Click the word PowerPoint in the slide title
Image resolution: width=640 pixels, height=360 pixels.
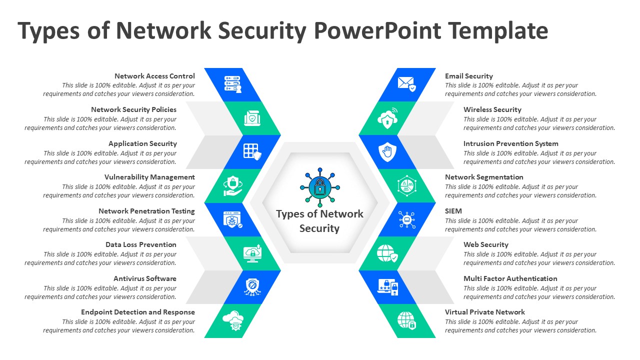[x=377, y=31]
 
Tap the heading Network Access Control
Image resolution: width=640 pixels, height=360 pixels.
[x=154, y=76]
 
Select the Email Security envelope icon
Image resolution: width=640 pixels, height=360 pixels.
[x=406, y=83]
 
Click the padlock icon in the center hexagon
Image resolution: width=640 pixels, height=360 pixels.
[x=320, y=187]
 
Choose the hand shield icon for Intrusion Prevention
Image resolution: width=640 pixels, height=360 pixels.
[x=387, y=151]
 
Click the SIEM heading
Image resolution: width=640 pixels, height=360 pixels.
[x=453, y=211]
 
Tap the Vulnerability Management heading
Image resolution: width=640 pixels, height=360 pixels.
[x=149, y=177]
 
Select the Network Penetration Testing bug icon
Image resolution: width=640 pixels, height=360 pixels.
[x=232, y=219]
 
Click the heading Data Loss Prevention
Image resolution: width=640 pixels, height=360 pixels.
[x=141, y=244]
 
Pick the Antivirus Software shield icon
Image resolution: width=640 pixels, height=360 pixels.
[x=251, y=286]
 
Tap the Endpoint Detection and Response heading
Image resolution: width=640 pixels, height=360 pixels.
[x=138, y=312]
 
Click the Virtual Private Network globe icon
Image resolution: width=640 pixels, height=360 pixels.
[x=406, y=320]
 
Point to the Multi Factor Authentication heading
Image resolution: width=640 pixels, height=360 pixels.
[x=510, y=278]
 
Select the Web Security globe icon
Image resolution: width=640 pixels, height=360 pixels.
[x=387, y=253]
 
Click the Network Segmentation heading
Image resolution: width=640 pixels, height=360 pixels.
[x=484, y=177]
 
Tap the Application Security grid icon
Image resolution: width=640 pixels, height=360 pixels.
[x=251, y=151]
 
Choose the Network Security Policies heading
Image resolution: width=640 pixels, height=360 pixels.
[x=133, y=109]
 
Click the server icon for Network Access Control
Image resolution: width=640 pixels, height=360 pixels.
[x=232, y=84]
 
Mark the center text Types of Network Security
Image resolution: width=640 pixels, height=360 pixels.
[x=319, y=221]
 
